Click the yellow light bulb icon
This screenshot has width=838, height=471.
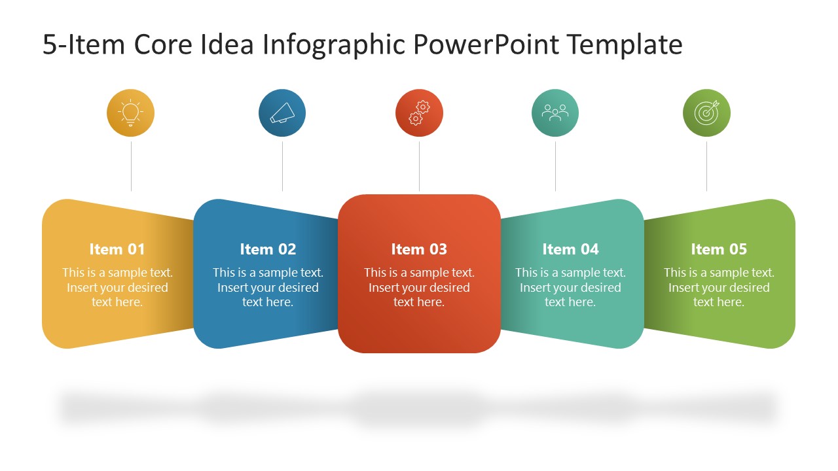click(x=131, y=113)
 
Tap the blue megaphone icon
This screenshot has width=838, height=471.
click(x=282, y=113)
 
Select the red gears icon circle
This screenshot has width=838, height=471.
click(x=419, y=113)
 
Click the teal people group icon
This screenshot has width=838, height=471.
click(x=555, y=113)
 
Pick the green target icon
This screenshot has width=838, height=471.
click(x=706, y=113)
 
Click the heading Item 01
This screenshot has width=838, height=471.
click(x=117, y=249)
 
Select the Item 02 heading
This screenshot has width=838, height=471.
click(x=268, y=249)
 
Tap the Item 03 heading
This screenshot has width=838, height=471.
click(x=419, y=249)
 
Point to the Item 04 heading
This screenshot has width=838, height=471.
click(x=570, y=249)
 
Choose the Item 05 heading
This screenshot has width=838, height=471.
click(x=719, y=249)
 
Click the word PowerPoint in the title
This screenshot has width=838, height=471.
click(x=486, y=45)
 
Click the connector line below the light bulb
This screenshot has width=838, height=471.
click(x=132, y=166)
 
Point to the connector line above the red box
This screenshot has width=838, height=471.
click(x=419, y=166)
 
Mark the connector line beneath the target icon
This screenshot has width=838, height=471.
click(x=706, y=166)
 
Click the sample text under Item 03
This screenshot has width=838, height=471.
click(x=419, y=287)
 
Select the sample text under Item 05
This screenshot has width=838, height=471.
click(x=719, y=287)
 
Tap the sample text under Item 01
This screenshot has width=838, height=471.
click(x=117, y=287)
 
